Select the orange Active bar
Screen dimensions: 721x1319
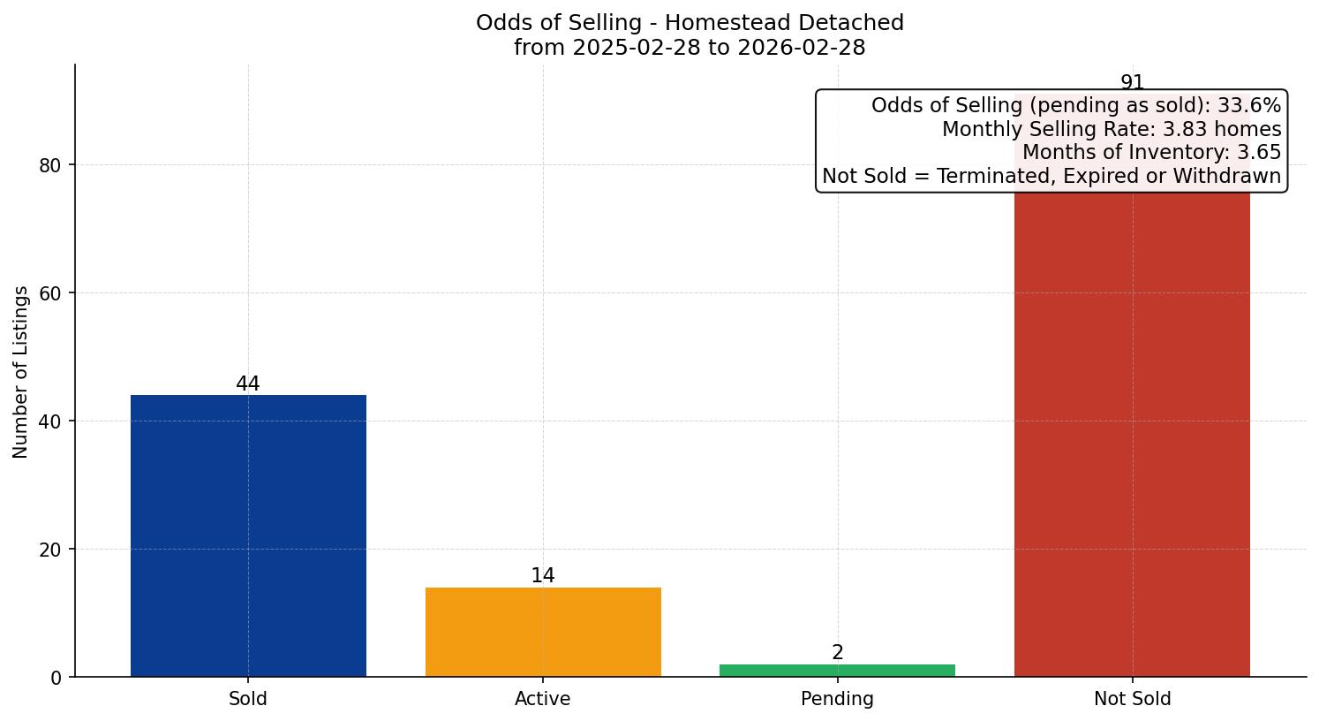(543, 632)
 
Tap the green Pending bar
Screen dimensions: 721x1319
(837, 671)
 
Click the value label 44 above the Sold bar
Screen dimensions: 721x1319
(248, 384)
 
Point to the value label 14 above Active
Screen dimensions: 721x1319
(543, 576)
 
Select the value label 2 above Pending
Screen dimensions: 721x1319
(837, 653)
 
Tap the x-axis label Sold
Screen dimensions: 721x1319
(248, 699)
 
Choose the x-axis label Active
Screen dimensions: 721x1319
(543, 699)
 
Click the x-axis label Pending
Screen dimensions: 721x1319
(837, 699)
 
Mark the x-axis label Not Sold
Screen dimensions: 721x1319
(1132, 699)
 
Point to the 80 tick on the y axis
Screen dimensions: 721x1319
(51, 165)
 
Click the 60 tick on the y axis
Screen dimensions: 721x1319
(51, 293)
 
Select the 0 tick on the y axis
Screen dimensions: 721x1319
(57, 678)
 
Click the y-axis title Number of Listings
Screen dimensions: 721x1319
(21, 371)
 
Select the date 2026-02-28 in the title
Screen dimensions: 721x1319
(802, 48)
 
